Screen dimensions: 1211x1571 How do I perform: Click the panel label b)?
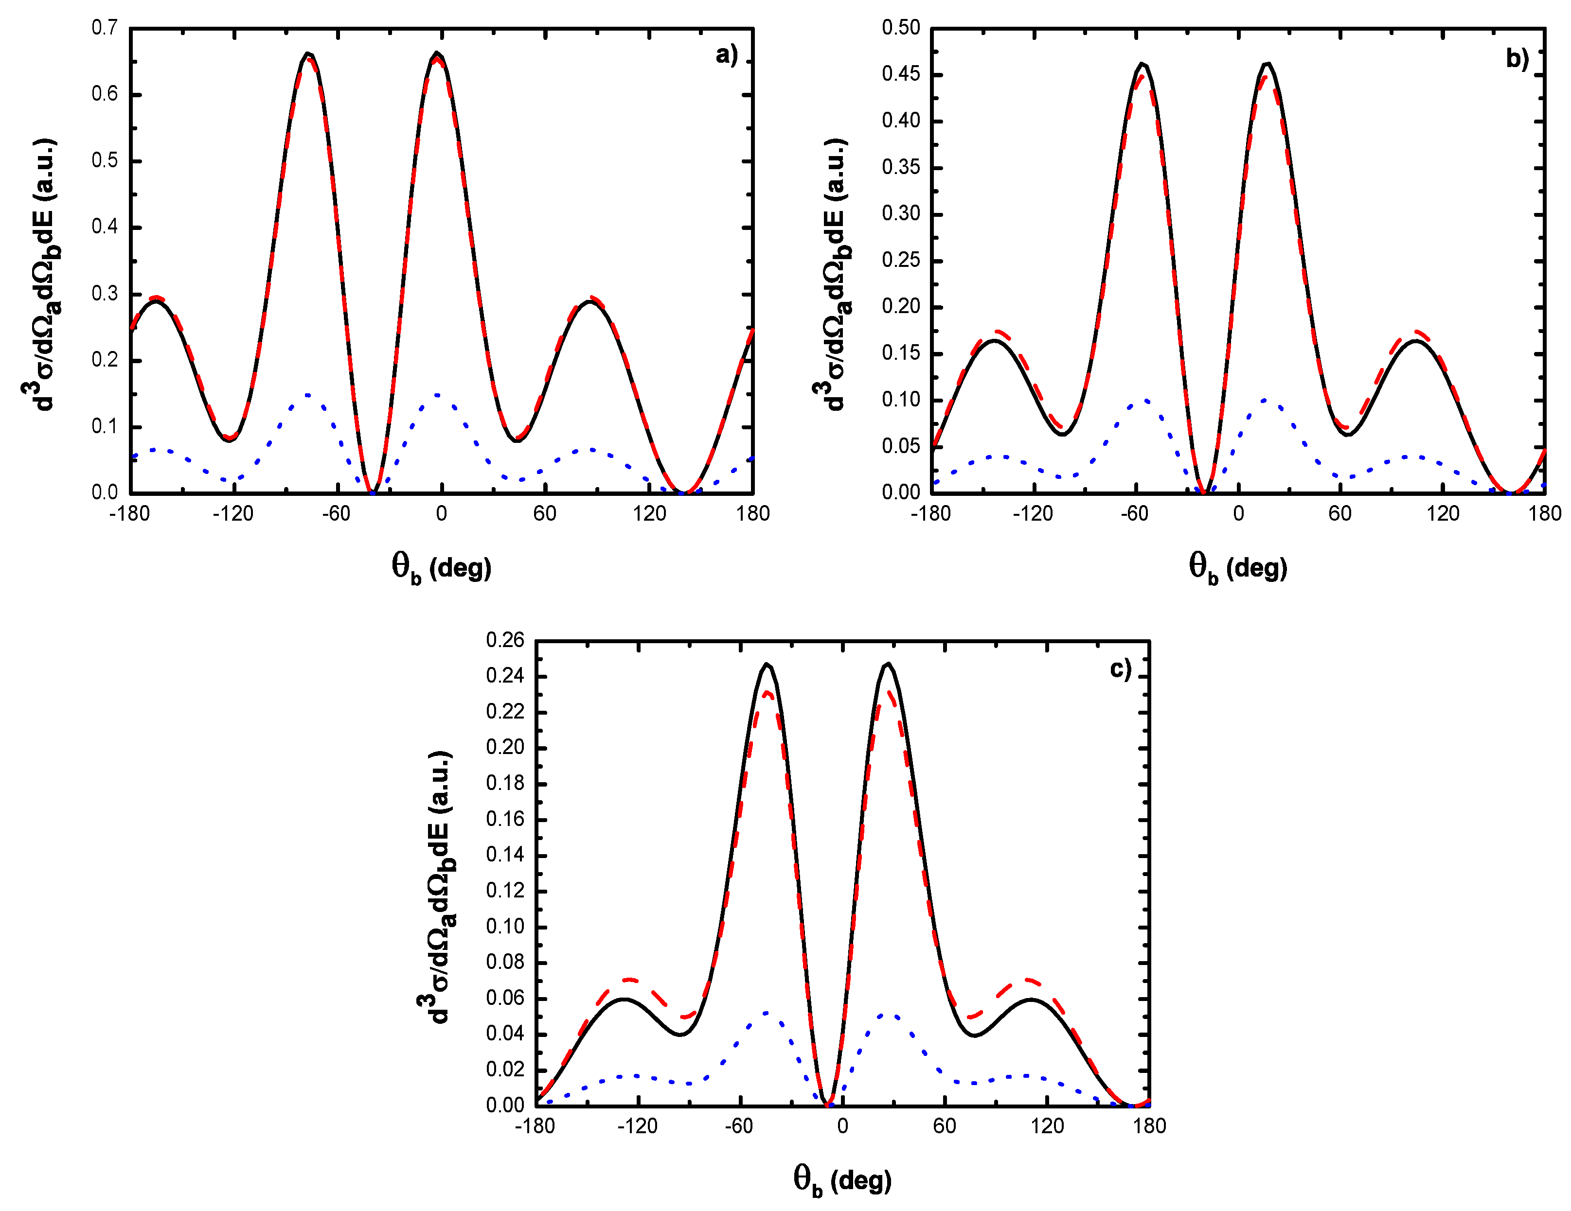(x=1517, y=59)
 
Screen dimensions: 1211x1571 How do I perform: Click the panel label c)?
(x=1121, y=669)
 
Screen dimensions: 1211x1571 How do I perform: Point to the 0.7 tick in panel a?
(x=104, y=28)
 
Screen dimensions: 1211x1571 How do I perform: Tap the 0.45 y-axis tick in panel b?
(x=901, y=74)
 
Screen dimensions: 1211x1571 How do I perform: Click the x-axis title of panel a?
(x=441, y=568)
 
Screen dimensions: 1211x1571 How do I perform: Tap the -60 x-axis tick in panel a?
(x=336, y=513)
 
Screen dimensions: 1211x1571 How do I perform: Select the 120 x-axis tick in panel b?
(x=1443, y=513)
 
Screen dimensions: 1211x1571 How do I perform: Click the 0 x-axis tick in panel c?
(x=842, y=1126)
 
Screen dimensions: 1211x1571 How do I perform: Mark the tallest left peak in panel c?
(x=768, y=665)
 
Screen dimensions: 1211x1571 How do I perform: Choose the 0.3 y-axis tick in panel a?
(x=104, y=294)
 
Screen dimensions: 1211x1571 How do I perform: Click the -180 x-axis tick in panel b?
(x=931, y=513)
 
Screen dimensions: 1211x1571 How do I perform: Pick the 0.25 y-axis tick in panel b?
(x=901, y=260)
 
